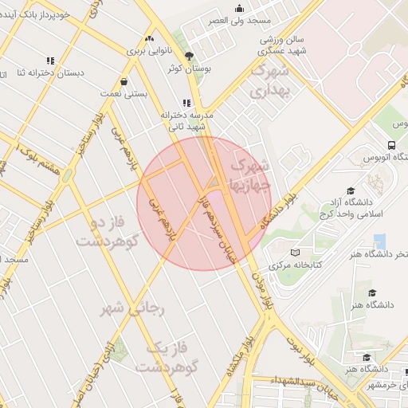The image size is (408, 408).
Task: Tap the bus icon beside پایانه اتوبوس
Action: (391, 145)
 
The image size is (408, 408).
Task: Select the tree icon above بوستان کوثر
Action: (189, 56)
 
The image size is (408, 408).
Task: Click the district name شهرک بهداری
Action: (269, 82)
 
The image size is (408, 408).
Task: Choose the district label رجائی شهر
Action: (132, 308)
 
